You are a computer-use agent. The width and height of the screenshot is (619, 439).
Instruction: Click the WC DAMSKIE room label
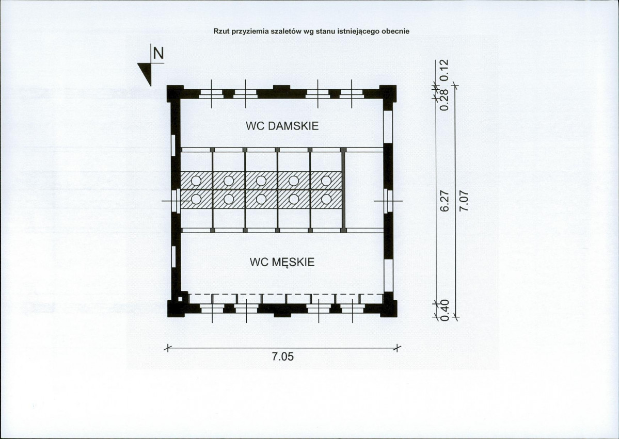(282, 126)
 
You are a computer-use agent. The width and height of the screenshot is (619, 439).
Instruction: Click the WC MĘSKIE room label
(282, 263)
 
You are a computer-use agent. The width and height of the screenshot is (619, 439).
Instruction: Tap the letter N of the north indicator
(158, 53)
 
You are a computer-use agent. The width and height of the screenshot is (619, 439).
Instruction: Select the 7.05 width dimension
(283, 357)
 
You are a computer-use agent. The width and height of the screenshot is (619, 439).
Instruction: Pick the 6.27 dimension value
(444, 201)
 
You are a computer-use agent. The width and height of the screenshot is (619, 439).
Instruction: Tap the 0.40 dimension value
(444, 311)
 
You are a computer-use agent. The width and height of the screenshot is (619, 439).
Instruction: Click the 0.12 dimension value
(444, 70)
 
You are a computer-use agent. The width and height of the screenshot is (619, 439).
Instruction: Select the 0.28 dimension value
(444, 100)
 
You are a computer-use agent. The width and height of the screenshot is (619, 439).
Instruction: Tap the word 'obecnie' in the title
(398, 31)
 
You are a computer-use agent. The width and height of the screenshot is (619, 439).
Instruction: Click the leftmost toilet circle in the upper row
(196, 181)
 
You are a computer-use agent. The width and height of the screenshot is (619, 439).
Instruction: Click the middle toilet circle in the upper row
(261, 181)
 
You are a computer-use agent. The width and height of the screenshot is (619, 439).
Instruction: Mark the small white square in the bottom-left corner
(180, 299)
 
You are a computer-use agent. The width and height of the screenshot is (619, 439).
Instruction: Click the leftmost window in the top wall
(211, 94)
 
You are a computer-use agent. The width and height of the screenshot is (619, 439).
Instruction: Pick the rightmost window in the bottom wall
(352, 308)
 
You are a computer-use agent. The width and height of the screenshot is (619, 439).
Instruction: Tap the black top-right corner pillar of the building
(388, 94)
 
